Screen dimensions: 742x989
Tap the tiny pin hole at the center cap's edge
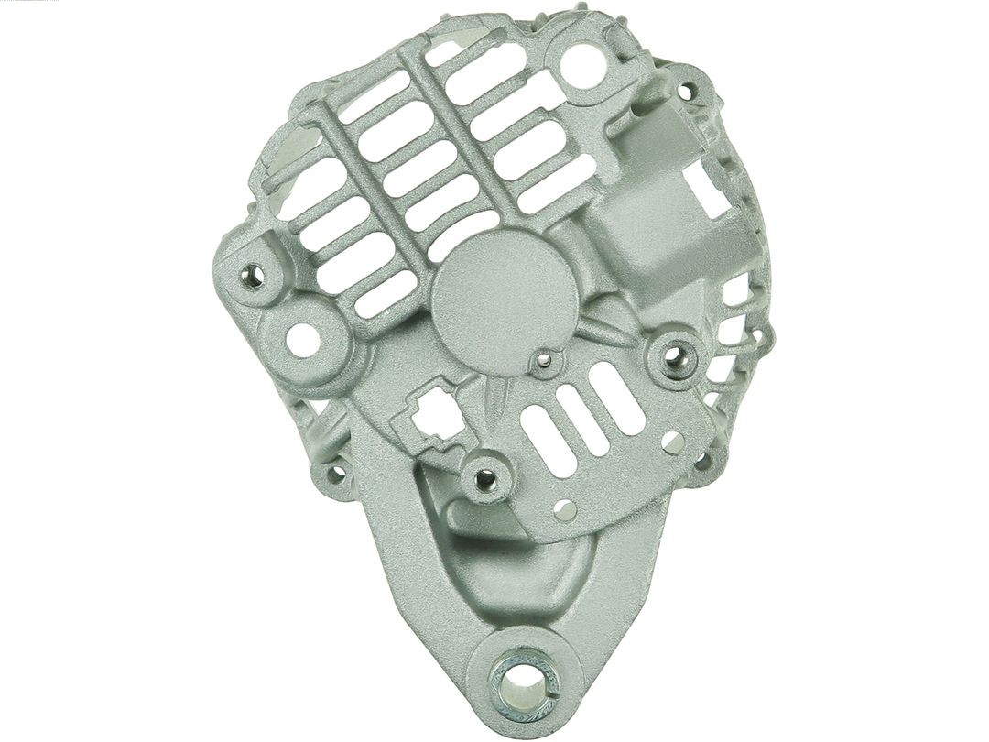click(x=545, y=360)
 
